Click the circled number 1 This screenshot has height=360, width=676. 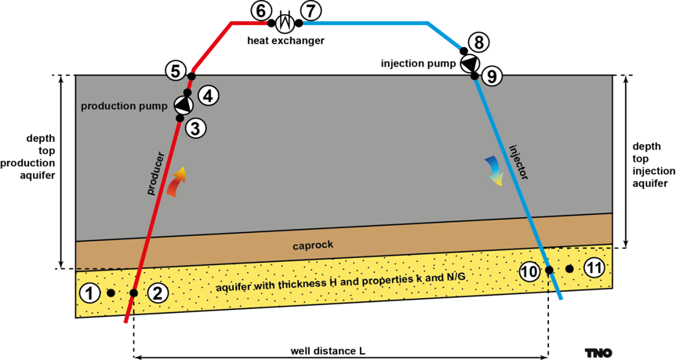(90, 293)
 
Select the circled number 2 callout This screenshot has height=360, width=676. (158, 293)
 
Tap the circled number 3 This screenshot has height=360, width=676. (196, 128)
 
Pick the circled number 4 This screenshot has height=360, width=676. (209, 96)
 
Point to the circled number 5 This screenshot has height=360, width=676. (176, 71)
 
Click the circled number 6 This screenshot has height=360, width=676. (261, 12)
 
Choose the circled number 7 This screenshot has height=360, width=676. (311, 12)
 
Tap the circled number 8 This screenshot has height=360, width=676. (478, 42)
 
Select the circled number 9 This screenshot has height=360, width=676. (492, 76)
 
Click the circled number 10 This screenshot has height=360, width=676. (529, 271)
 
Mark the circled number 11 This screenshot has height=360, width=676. (594, 268)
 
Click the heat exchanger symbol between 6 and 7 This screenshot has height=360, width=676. (285, 24)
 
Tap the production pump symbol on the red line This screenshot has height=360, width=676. (184, 105)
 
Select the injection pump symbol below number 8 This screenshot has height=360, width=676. (469, 64)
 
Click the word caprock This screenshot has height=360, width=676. (313, 245)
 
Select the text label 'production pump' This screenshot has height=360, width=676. (125, 106)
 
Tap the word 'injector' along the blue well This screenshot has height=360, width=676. (518, 162)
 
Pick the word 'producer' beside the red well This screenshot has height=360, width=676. (156, 173)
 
